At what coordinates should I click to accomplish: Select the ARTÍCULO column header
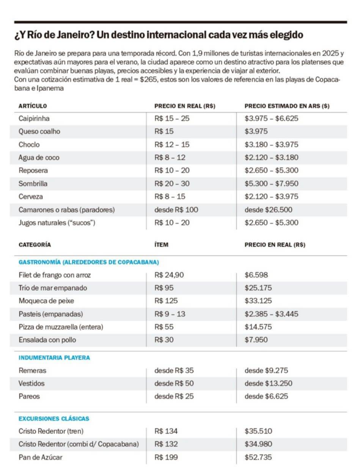pyautogui.click(x=33, y=106)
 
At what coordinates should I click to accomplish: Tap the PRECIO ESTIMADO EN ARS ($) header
pyautogui.click(x=287, y=106)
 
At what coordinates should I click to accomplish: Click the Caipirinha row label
pyautogui.click(x=34, y=119)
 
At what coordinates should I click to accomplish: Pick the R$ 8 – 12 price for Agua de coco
pyautogui.click(x=170, y=158)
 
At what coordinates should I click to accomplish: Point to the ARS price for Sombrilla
pyautogui.click(x=271, y=184)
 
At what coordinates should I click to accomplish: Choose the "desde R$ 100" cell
pyautogui.click(x=176, y=210)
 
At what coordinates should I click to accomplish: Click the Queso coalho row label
pyautogui.click(x=39, y=132)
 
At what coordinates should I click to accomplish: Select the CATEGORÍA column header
pyautogui.click(x=35, y=245)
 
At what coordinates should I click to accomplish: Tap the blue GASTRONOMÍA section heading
pyautogui.click(x=89, y=262)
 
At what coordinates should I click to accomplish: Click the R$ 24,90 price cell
pyautogui.click(x=169, y=275)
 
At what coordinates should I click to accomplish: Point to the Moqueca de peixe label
pyautogui.click(x=46, y=301)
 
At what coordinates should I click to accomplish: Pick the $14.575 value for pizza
pyautogui.click(x=258, y=327)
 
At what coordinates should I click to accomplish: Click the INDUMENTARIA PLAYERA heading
pyautogui.click(x=54, y=357)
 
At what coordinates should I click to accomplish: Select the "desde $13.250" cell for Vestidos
pyautogui.click(x=269, y=383)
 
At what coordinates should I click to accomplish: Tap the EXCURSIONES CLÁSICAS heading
pyautogui.click(x=54, y=419)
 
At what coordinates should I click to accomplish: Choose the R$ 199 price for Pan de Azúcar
pyautogui.click(x=166, y=457)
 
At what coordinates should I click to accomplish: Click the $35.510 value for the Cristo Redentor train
pyautogui.click(x=258, y=431)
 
